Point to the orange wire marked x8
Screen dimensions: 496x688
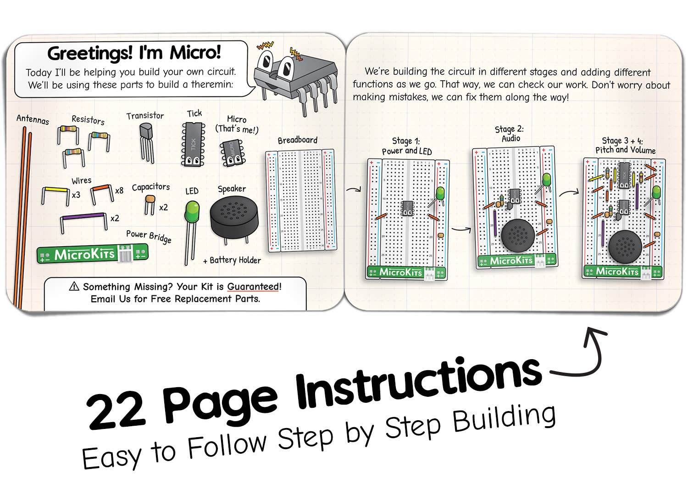pyautogui.click(x=102, y=189)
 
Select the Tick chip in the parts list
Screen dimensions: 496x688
pyautogui.click(x=194, y=144)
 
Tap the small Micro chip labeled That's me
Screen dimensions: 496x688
pyautogui.click(x=232, y=153)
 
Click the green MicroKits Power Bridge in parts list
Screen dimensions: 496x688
pyautogui.click(x=92, y=254)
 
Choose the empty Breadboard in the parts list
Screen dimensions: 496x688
pyautogui.click(x=300, y=200)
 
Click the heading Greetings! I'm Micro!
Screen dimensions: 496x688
pyautogui.click(x=134, y=53)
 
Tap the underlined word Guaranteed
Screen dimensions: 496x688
pyautogui.click(x=253, y=287)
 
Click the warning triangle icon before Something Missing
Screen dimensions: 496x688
pyautogui.click(x=74, y=287)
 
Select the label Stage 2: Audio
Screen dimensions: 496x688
pyautogui.click(x=509, y=134)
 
